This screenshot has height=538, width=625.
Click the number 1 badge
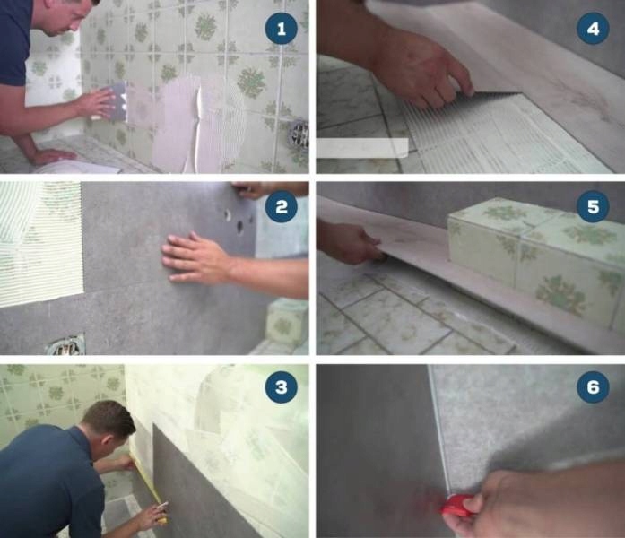[x=282, y=30]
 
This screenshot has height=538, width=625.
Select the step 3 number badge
[x=282, y=387]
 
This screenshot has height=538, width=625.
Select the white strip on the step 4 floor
[x=362, y=147]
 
